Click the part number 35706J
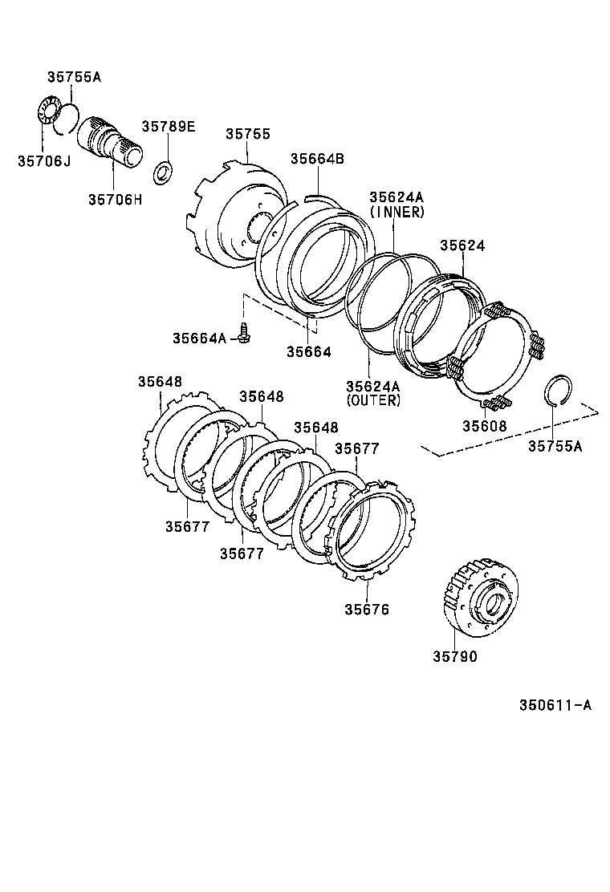pyautogui.click(x=43, y=161)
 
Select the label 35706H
pyautogui.click(x=115, y=199)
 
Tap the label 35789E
pyautogui.click(x=169, y=127)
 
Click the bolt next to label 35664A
pyautogui.click(x=244, y=338)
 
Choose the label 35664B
pyautogui.click(x=317, y=159)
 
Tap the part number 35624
pyautogui.click(x=462, y=245)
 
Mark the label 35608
pyautogui.click(x=484, y=425)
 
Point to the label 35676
pyautogui.click(x=367, y=610)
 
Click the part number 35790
pyautogui.click(x=455, y=657)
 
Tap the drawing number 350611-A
pyautogui.click(x=555, y=706)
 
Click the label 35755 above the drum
pyautogui.click(x=247, y=135)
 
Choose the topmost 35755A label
pyautogui.click(x=74, y=78)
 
